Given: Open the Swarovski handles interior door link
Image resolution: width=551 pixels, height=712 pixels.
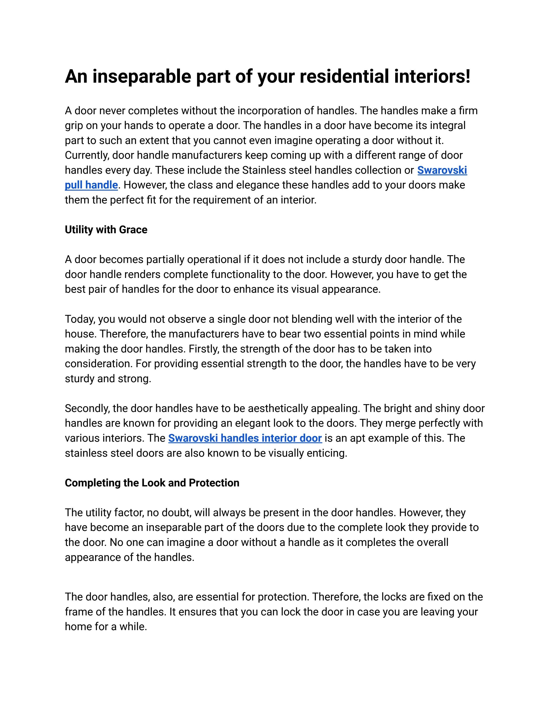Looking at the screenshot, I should [245, 438].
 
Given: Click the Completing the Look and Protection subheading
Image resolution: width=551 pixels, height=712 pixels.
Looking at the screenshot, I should [152, 483].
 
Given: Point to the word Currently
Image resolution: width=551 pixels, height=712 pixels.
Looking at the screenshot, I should [87, 155].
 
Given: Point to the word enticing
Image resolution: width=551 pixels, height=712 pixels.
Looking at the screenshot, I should [327, 453].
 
